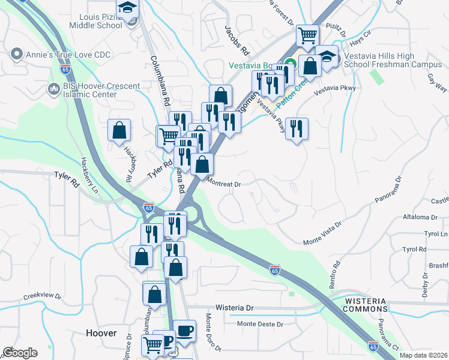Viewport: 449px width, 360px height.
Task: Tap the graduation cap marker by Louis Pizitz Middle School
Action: point(127,8)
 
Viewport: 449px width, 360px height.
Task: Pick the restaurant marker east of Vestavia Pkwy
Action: point(297,128)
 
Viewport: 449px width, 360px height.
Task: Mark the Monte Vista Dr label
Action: point(322,232)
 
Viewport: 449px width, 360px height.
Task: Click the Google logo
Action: point(20,353)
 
